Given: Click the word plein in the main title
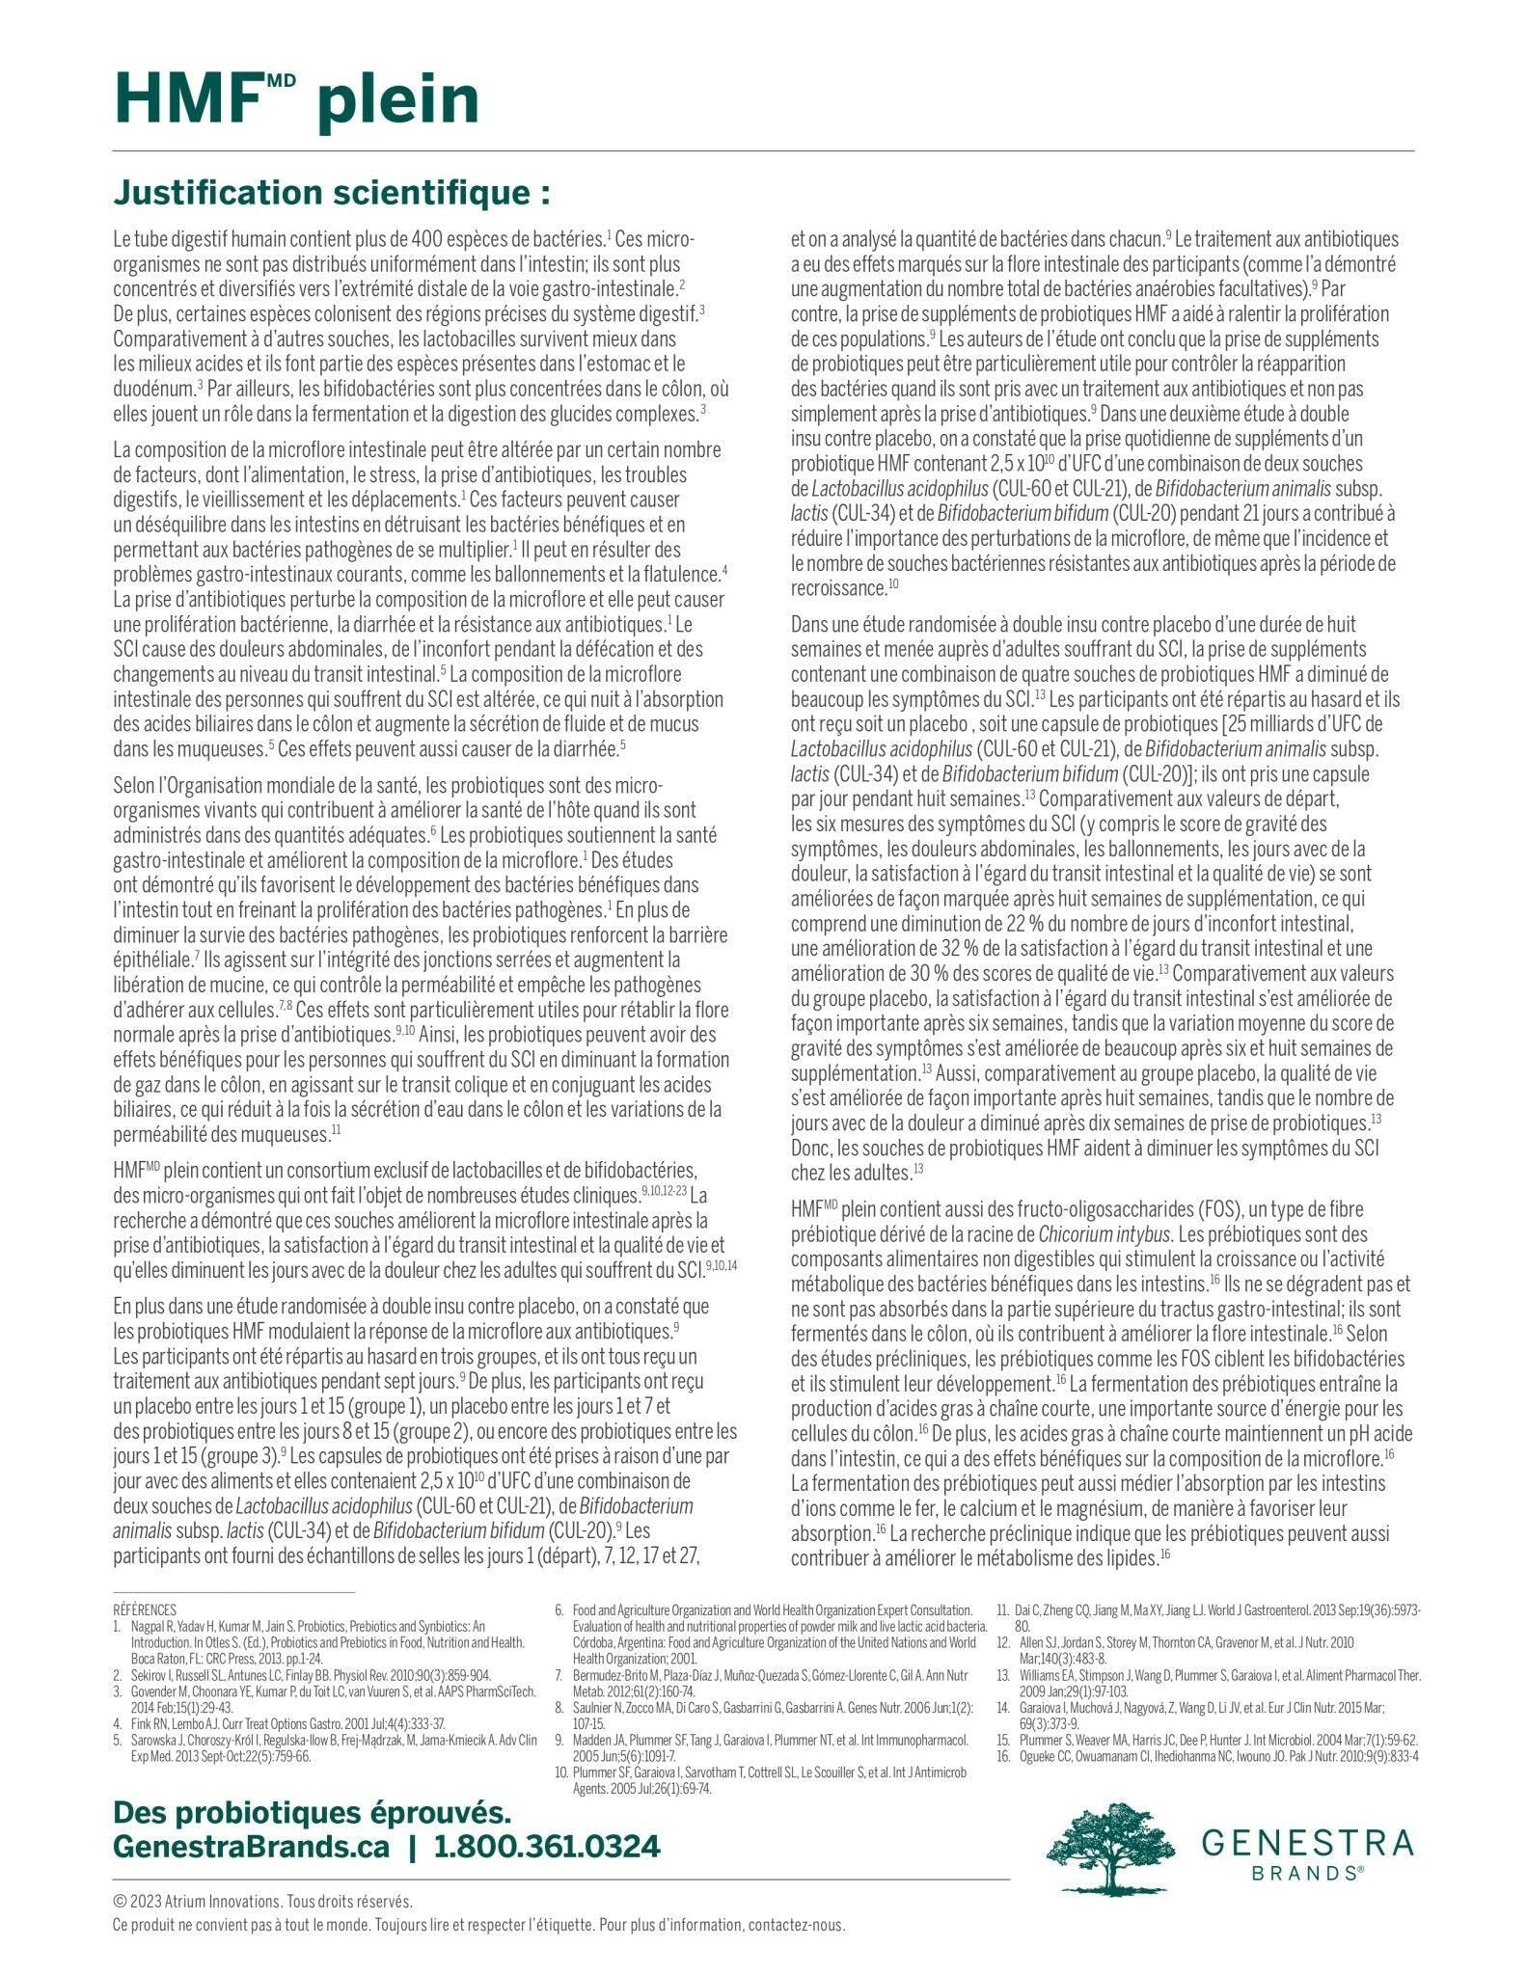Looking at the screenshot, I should (x=397, y=101).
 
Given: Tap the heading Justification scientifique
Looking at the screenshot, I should (x=332, y=193).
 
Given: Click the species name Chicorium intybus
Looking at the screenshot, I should (x=1105, y=1234).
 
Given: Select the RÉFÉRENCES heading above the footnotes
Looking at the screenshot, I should (x=145, y=1610).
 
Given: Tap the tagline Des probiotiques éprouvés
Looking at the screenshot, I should (x=312, y=1812).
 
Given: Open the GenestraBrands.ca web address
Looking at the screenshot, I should (x=251, y=1847).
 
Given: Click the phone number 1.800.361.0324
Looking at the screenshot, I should (x=547, y=1847).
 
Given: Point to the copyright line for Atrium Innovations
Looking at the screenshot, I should (x=262, y=1902).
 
